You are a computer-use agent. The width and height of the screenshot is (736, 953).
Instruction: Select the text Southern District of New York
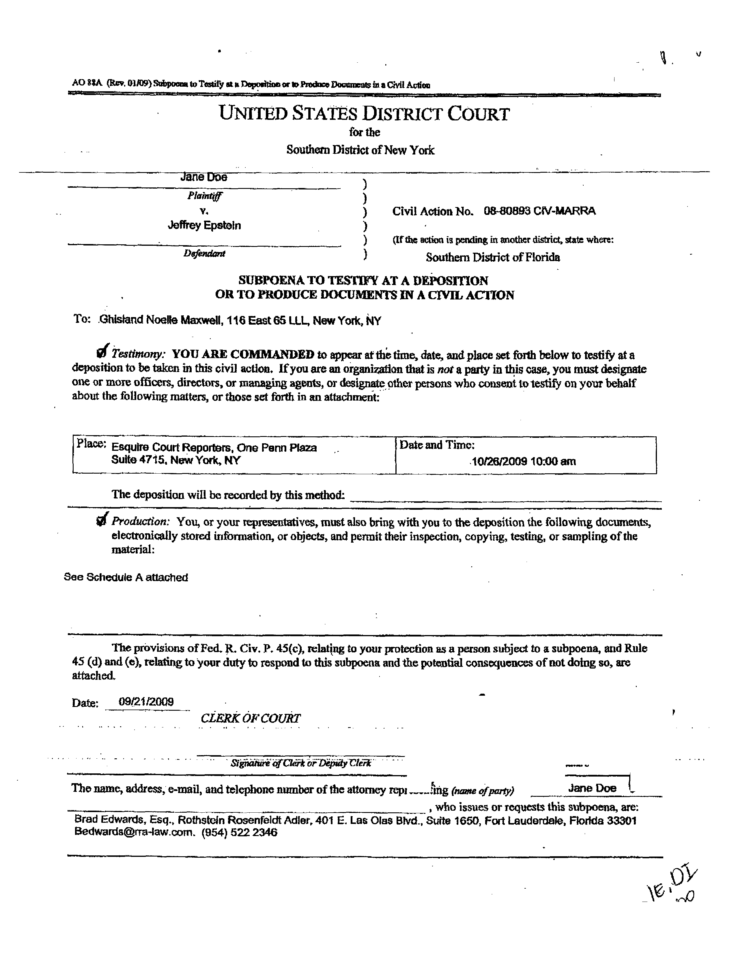point(360,150)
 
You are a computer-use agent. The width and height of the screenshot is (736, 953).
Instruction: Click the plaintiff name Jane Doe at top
point(203,177)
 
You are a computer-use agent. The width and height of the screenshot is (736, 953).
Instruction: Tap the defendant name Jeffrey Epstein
point(204,226)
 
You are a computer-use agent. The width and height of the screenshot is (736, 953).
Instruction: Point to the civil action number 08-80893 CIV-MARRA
point(539,211)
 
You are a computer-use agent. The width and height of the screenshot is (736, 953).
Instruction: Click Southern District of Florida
point(493,257)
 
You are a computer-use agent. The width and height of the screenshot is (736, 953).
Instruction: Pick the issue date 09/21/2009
point(146,702)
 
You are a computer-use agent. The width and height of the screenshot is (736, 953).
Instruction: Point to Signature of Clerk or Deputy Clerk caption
point(301,763)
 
